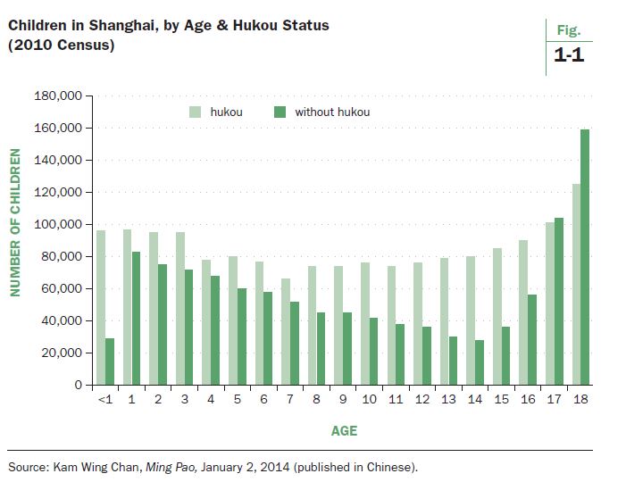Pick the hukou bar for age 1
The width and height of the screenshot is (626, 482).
[x=127, y=307]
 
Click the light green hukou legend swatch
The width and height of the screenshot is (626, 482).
[x=195, y=112]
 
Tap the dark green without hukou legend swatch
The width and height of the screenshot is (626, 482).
[x=279, y=112]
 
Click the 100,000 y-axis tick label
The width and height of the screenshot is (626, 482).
[x=59, y=224]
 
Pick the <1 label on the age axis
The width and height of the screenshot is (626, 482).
[x=104, y=399]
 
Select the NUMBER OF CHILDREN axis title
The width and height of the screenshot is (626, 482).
[x=15, y=239]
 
